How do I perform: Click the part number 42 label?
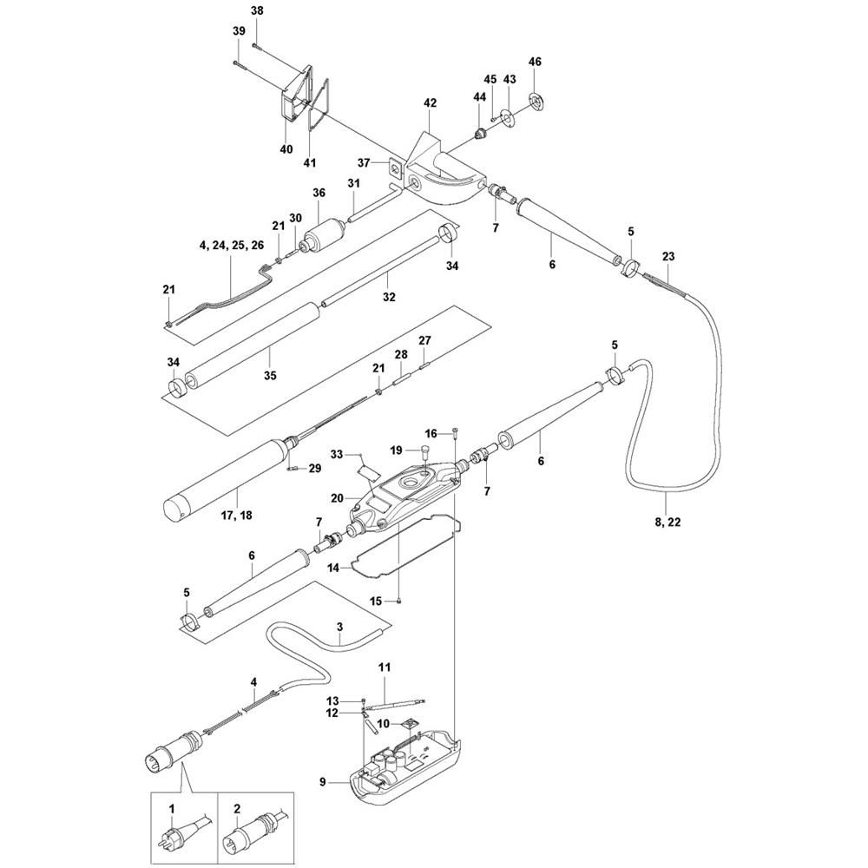tap(430, 102)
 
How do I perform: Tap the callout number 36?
tap(319, 193)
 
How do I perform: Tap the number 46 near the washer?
tap(535, 62)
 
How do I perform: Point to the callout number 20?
tap(338, 498)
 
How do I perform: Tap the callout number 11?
tap(384, 667)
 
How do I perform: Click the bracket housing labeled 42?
tap(443, 174)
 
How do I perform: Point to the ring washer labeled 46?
tap(534, 100)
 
